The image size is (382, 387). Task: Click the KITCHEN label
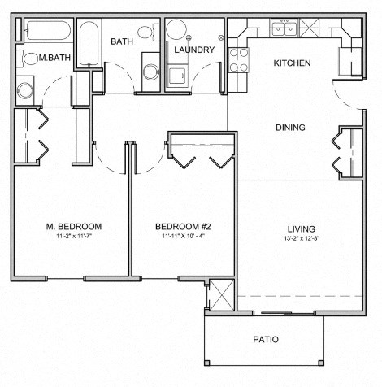point(291,63)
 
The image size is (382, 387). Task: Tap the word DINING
point(290,128)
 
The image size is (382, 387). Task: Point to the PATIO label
point(265,339)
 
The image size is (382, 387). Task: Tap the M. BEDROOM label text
point(73,226)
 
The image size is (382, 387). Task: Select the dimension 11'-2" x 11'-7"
point(73,237)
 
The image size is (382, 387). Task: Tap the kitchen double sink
point(285,29)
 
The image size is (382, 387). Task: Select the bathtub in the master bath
point(47,33)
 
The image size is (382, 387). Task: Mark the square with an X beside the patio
point(220,294)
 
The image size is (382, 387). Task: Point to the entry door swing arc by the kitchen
point(349,99)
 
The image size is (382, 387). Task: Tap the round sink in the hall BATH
point(145,33)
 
